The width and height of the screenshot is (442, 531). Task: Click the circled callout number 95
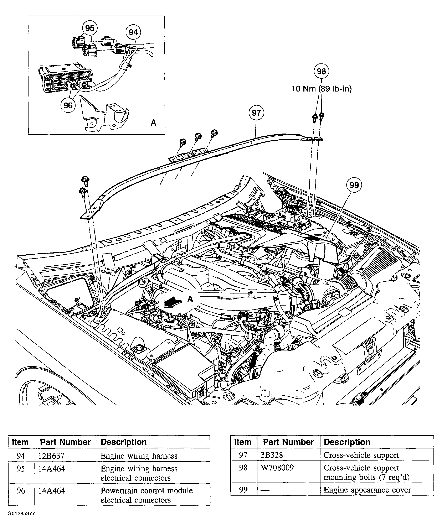(90, 28)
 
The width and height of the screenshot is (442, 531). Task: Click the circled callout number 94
(133, 32)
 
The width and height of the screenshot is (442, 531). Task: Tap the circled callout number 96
(68, 105)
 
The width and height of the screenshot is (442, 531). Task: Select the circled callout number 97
(256, 113)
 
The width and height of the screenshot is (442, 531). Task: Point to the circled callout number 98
(321, 71)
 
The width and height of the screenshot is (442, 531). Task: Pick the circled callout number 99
(354, 185)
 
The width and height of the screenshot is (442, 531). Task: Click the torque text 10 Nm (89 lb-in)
(321, 89)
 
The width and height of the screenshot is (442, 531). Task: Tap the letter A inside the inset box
(153, 123)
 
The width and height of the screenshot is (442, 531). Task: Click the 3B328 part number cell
(272, 455)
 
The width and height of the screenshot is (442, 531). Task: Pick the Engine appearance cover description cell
(367, 490)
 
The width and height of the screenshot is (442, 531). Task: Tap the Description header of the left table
(124, 442)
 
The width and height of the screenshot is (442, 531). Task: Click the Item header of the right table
(243, 442)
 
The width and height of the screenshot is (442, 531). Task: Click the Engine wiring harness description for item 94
(139, 456)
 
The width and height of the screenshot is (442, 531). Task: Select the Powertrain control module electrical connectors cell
(147, 495)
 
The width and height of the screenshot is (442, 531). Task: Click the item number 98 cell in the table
(243, 468)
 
